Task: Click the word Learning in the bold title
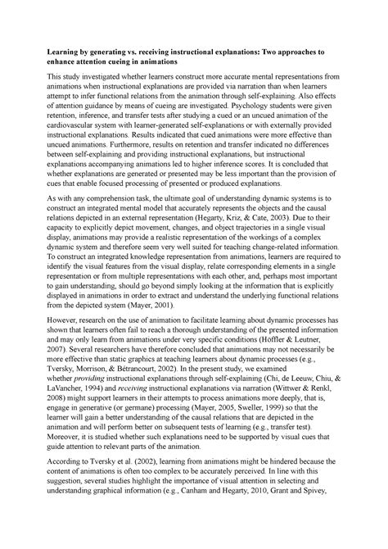(47, 51)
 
